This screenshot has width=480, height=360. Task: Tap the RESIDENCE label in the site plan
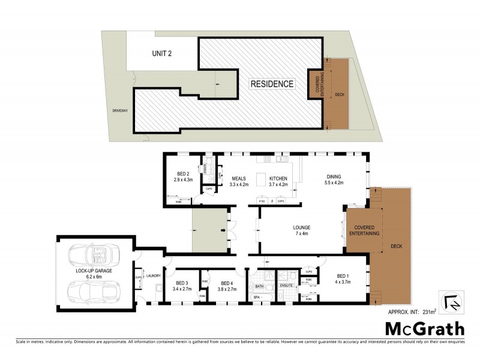(272, 84)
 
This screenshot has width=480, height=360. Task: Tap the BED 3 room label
(182, 283)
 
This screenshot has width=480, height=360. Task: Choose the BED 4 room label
(227, 283)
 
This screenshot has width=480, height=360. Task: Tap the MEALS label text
(232, 179)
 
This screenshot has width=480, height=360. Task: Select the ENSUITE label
(286, 286)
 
